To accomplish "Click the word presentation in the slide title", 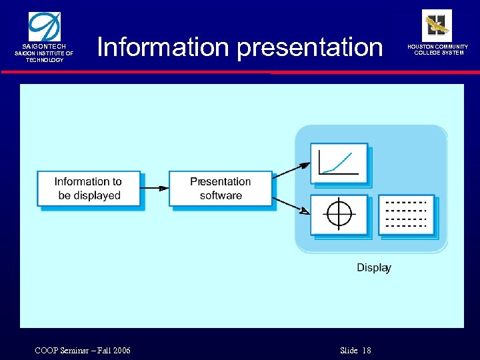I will pyautogui.click(x=310, y=47).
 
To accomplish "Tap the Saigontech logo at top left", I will pyautogui.click(x=44, y=27).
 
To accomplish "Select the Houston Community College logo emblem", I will pyautogui.click(x=437, y=25).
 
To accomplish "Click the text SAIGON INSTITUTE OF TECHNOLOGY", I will pyautogui.click(x=44, y=57).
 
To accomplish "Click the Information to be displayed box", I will pyautogui.click(x=88, y=189).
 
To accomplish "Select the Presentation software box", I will pyautogui.click(x=220, y=189).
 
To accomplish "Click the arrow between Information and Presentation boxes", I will pyautogui.click(x=155, y=189).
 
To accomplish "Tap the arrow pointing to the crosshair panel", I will pyautogui.click(x=292, y=205).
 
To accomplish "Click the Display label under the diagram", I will pyautogui.click(x=373, y=268).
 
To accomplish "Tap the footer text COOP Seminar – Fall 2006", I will pyautogui.click(x=81, y=351).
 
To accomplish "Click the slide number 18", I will pyautogui.click(x=366, y=351).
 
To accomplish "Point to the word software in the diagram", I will pyautogui.click(x=221, y=196).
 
